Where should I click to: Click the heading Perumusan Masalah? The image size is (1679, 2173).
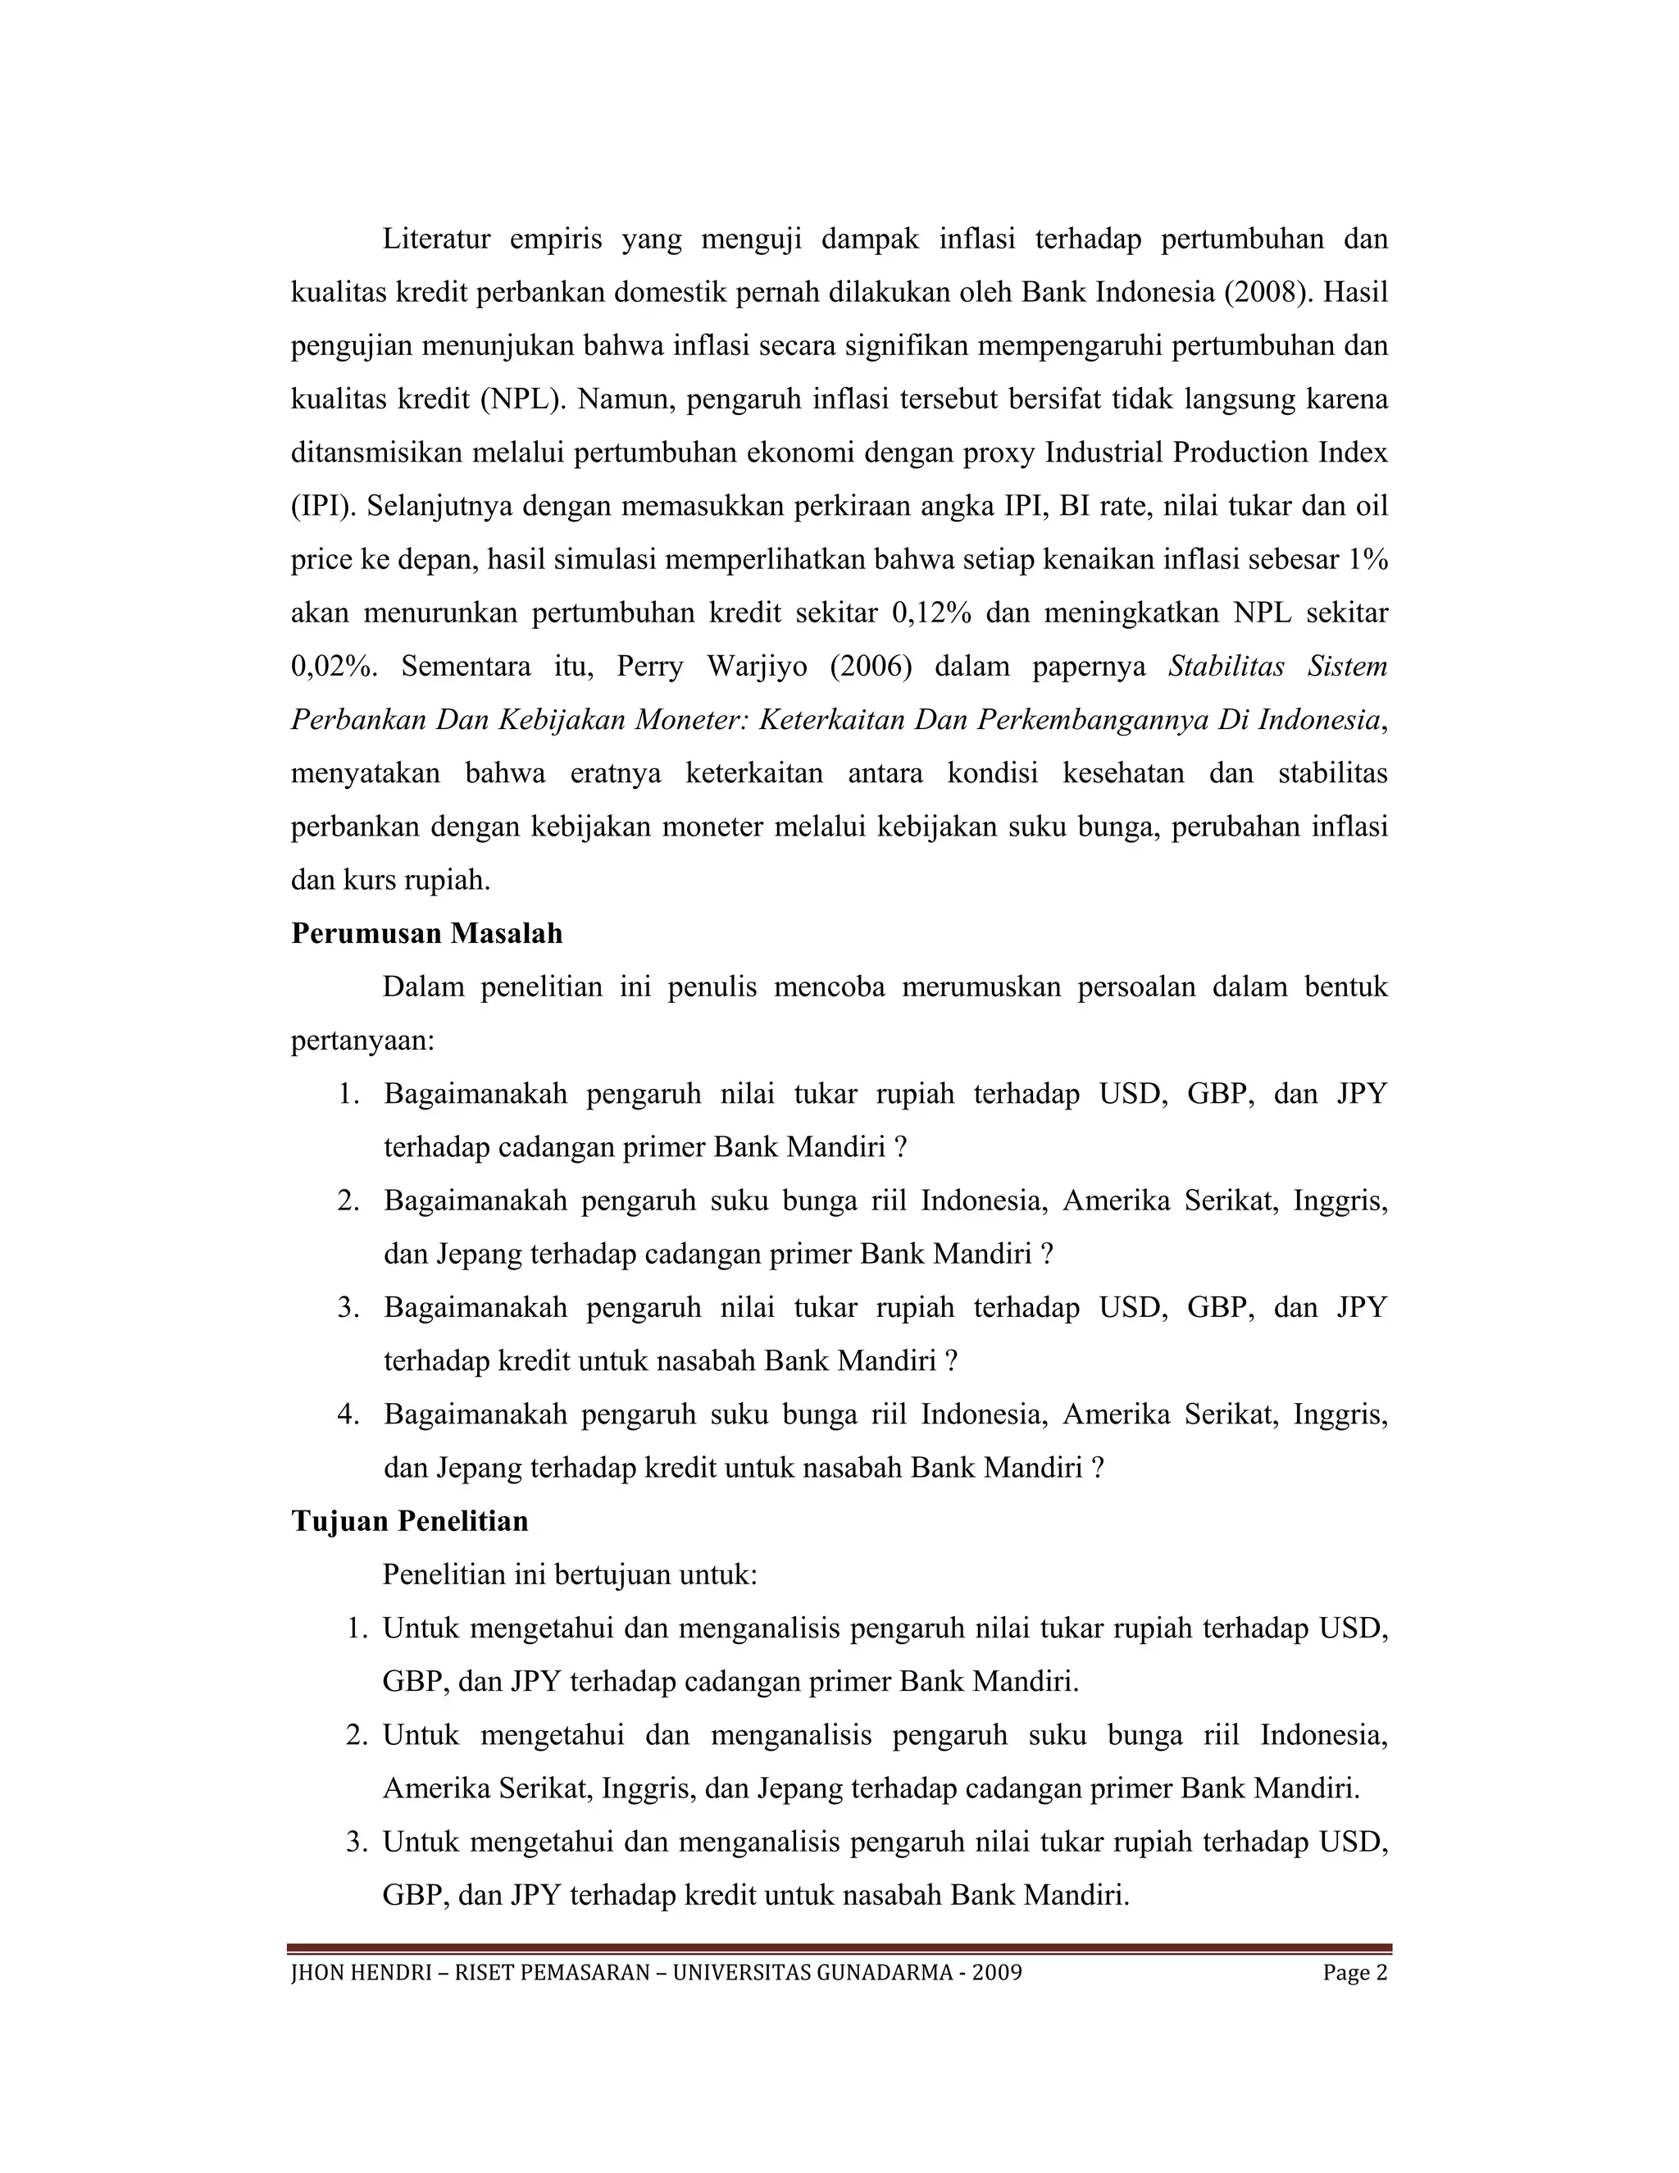click(x=426, y=933)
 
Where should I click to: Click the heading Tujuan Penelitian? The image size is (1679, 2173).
click(x=410, y=1521)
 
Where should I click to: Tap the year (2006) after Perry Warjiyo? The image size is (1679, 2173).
click(x=871, y=666)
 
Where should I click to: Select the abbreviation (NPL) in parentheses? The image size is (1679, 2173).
click(x=522, y=400)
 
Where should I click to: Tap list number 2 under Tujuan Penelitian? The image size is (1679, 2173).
click(x=357, y=1735)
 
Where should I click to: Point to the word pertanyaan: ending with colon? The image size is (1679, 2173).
click(x=363, y=1041)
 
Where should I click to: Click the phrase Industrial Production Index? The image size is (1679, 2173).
click(x=1216, y=453)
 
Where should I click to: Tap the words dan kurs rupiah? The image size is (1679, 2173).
click(x=391, y=880)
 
